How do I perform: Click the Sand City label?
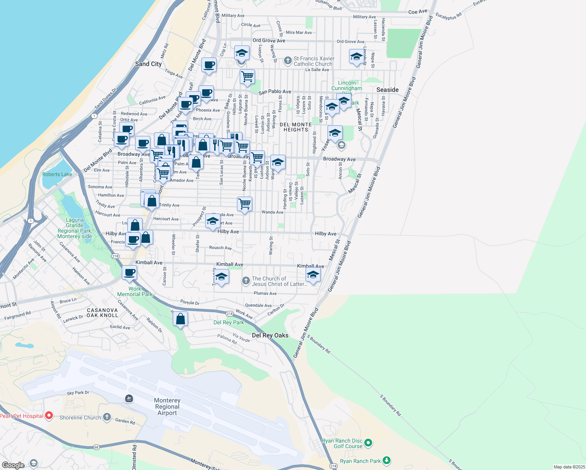click(x=148, y=64)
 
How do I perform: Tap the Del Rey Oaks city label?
click(x=270, y=335)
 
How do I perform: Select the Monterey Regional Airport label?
click(x=167, y=407)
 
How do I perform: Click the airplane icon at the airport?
click(x=129, y=399)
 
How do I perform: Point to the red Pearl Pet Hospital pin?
click(x=49, y=416)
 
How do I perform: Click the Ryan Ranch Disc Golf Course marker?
click(x=368, y=443)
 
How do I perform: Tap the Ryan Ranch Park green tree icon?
click(x=387, y=461)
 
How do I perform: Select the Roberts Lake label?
click(x=57, y=174)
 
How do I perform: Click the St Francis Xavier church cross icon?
click(x=288, y=61)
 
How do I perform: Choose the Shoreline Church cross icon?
click(x=107, y=417)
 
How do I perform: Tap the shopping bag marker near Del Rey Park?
click(x=181, y=319)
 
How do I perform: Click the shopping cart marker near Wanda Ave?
click(x=245, y=204)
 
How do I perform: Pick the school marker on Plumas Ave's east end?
click(x=313, y=275)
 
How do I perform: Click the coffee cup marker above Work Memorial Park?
click(x=130, y=272)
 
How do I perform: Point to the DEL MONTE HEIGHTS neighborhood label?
click(x=296, y=127)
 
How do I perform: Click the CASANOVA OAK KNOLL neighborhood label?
click(x=102, y=313)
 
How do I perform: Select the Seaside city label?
click(x=387, y=90)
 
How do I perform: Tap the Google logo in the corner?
click(x=13, y=465)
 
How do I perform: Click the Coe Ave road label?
click(x=418, y=12)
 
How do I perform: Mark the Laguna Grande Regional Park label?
click(x=74, y=228)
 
